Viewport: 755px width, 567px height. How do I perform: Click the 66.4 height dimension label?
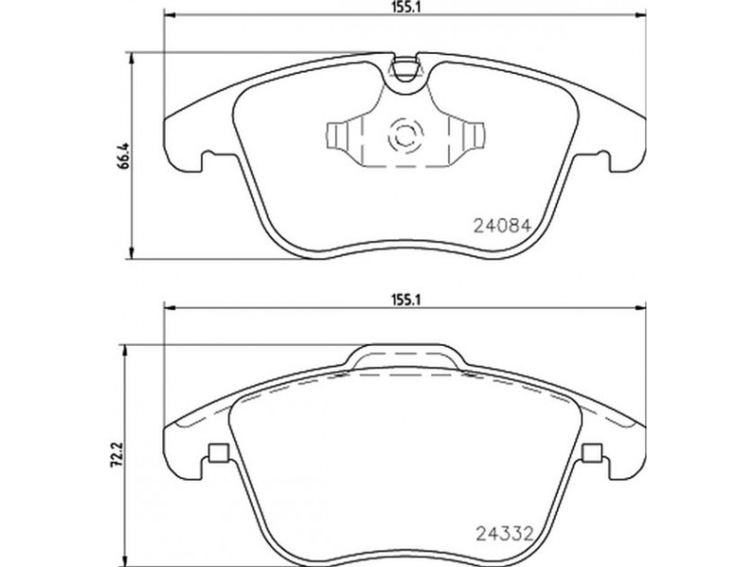[123, 155]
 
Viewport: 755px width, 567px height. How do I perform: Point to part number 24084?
[503, 226]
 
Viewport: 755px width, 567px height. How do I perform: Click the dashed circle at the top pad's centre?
[405, 135]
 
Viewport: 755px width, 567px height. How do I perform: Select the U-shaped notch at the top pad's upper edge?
[405, 69]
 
